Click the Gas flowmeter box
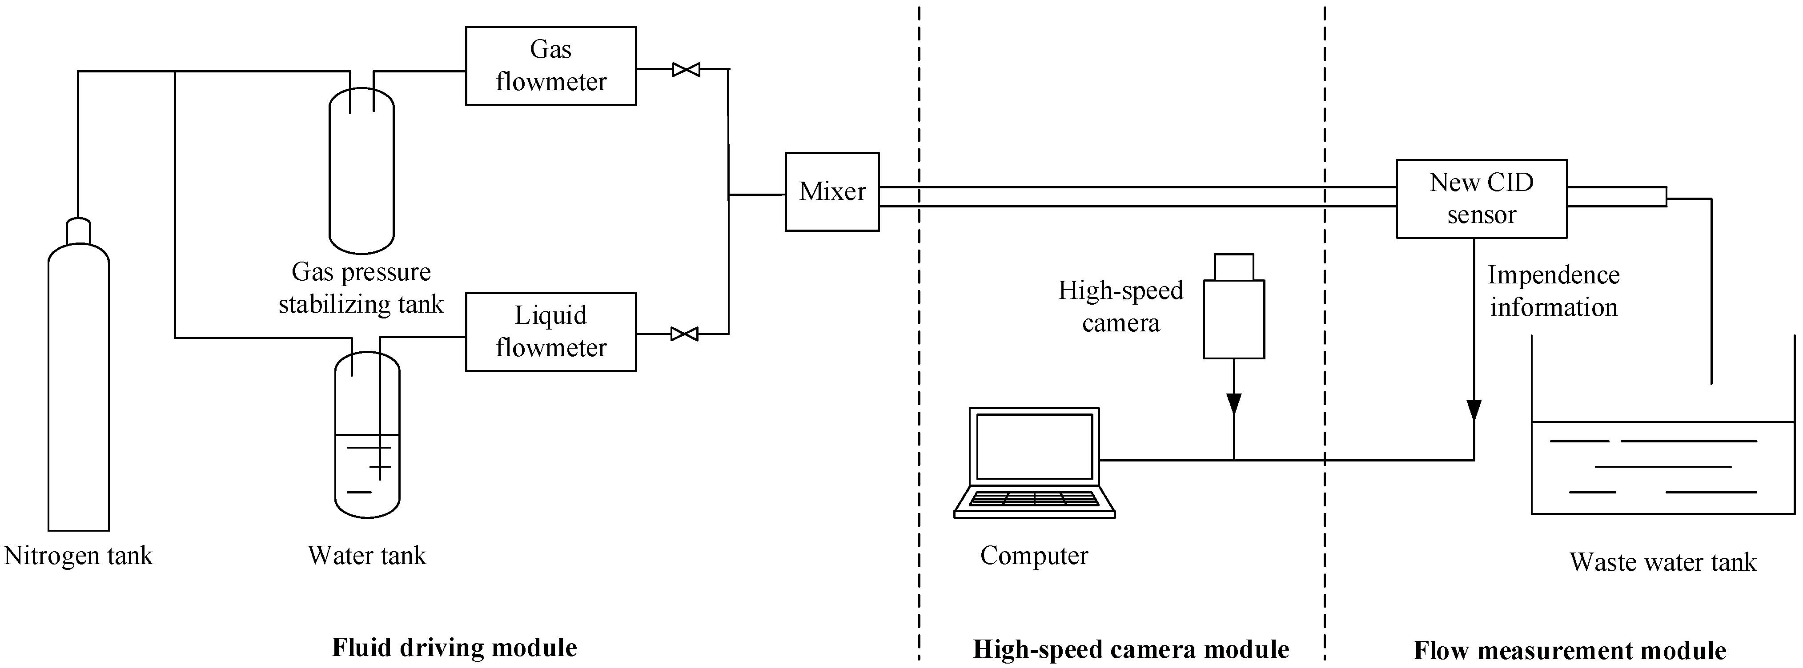pyautogui.click(x=551, y=66)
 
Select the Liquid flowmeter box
pyautogui.click(x=551, y=331)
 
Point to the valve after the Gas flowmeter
pyautogui.click(x=686, y=69)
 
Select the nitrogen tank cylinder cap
pyautogui.click(x=78, y=231)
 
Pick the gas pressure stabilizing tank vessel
pyautogui.click(x=362, y=171)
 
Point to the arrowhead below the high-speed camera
pyautogui.click(x=1233, y=404)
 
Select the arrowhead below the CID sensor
pyautogui.click(x=1474, y=410)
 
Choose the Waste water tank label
pyautogui.click(x=1662, y=562)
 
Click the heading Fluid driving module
pyautogui.click(x=454, y=648)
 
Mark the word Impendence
pyautogui.click(x=1553, y=275)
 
